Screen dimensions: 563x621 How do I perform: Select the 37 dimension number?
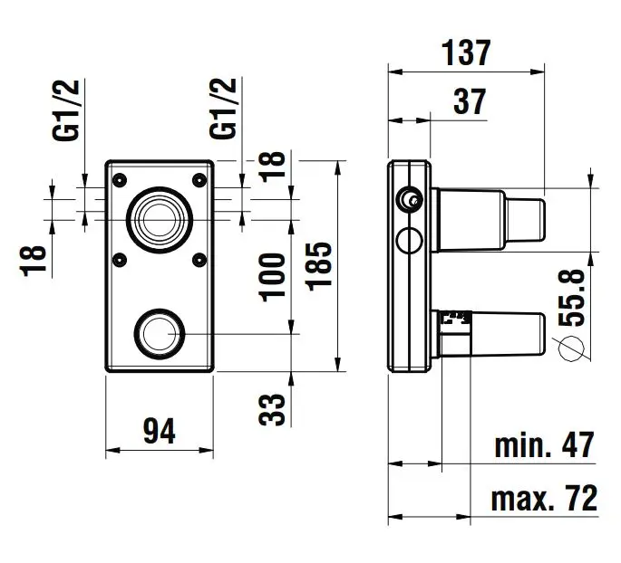469,101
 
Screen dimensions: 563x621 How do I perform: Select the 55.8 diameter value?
575,297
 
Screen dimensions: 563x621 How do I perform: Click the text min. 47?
545,445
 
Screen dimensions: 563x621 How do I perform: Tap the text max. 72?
545,498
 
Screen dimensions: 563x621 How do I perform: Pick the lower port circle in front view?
160,332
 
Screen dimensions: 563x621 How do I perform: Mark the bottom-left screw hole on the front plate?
118,260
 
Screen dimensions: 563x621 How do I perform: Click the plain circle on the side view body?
410,241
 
